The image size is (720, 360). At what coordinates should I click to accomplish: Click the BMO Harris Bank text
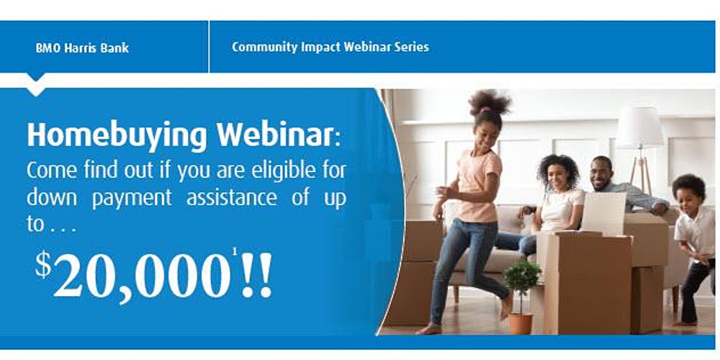pos(82,48)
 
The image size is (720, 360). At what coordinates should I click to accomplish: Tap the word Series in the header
pos(411,47)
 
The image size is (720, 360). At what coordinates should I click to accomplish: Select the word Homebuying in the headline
pos(117,135)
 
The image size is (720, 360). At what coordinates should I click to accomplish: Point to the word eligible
pos(283,171)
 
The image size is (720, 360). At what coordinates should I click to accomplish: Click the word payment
pos(132,199)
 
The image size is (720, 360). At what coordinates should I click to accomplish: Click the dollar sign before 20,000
pos(43,265)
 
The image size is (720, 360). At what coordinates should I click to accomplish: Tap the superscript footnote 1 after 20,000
pos(235,251)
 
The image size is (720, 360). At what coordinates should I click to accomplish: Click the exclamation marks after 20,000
pos(256,274)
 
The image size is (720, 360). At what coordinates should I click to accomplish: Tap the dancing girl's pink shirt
pos(478,186)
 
